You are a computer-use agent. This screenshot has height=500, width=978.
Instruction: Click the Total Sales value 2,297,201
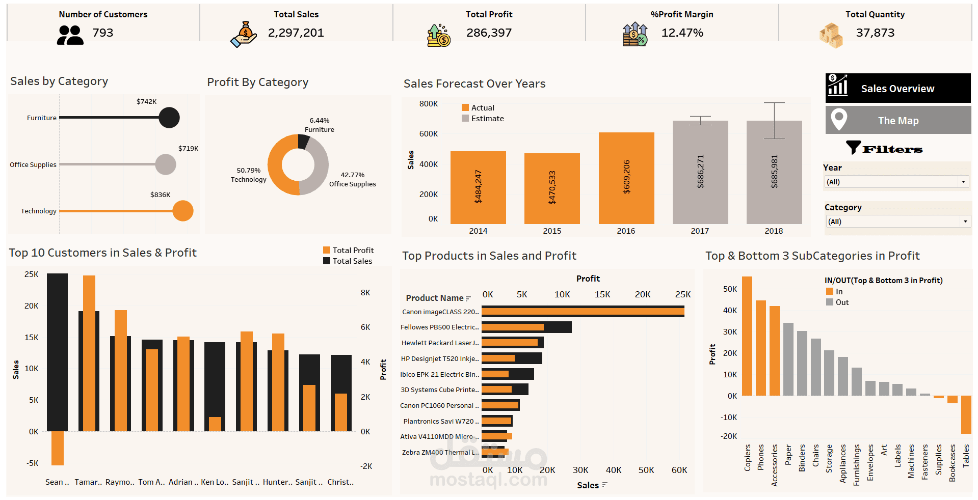coord(296,33)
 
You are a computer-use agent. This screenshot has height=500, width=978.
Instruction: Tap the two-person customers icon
coord(70,35)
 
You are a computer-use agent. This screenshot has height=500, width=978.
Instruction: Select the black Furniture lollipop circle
coord(169,118)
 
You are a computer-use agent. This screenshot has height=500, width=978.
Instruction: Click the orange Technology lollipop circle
coord(182,211)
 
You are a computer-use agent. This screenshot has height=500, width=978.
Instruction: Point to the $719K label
coord(188,149)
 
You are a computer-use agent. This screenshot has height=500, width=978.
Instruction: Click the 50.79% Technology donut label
coord(249,175)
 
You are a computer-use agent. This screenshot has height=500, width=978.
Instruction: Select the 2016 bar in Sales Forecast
coord(626,178)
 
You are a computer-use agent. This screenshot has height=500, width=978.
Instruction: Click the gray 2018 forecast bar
coord(774,173)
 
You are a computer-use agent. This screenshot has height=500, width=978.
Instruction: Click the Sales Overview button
coord(897,88)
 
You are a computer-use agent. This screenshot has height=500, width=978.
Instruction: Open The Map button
coord(897,120)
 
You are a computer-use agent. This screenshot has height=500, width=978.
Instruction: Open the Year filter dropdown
coord(896,182)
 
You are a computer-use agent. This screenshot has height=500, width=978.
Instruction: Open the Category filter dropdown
coord(897,221)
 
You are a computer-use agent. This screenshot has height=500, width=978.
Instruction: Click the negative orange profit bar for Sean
coord(58,448)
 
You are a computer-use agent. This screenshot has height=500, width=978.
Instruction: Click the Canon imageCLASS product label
coord(440,312)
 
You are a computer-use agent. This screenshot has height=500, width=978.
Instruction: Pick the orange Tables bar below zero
coord(965,414)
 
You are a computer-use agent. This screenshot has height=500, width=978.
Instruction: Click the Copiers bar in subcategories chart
coord(747,336)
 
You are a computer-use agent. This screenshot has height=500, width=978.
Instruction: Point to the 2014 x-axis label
coord(478,231)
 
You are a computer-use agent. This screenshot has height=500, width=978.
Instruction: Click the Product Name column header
coord(435,298)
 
